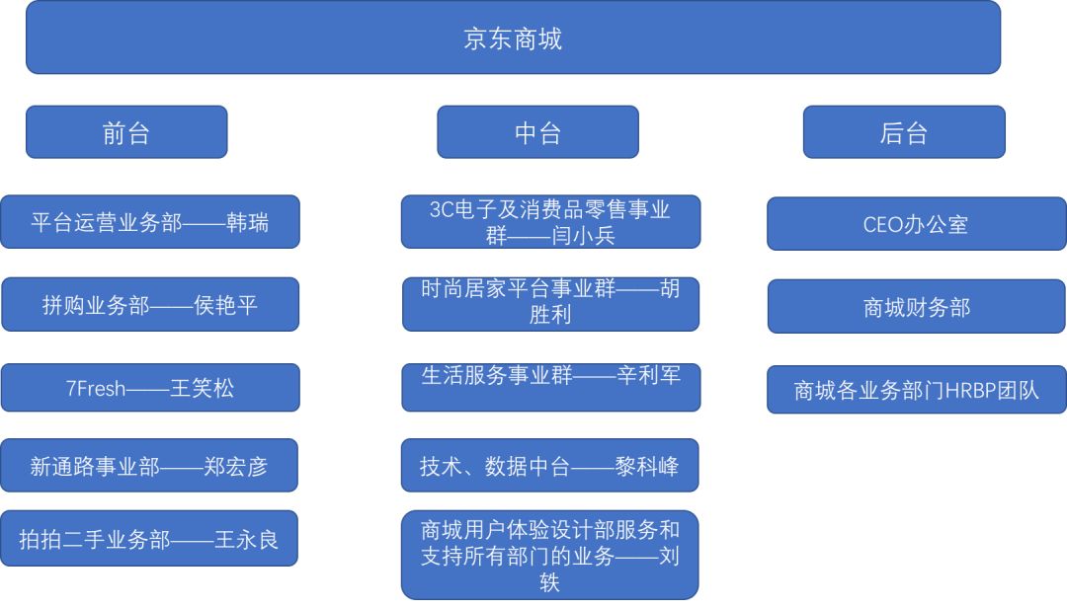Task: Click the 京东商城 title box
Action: coord(513,38)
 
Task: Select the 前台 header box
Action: coord(126,132)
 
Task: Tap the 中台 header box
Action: coord(537,132)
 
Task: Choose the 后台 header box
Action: coord(903,132)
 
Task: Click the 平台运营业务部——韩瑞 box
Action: coord(150,222)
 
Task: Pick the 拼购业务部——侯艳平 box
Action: coord(150,304)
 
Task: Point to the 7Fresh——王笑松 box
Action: coord(150,387)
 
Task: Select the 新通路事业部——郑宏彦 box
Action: coord(149,465)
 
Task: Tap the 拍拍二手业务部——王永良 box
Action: coord(149,539)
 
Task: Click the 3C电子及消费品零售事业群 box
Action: coord(550,222)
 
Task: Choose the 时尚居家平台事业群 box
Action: coord(550,304)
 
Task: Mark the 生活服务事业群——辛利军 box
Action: coord(550,387)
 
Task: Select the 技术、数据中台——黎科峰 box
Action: coord(549,465)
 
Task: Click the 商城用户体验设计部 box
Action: coord(549,555)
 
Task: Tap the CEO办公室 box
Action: coord(916,224)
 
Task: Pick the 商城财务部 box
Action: coord(916,307)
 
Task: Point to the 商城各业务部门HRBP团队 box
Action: coord(916,390)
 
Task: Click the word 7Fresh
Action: coord(96,388)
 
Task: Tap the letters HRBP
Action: coord(973,391)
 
